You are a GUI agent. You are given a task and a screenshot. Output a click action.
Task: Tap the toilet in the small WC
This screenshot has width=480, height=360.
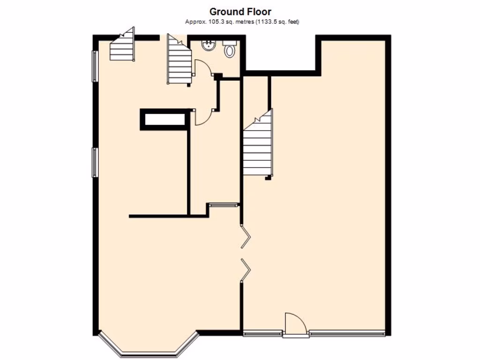230,49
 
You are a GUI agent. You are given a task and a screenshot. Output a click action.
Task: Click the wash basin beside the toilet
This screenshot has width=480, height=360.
208,45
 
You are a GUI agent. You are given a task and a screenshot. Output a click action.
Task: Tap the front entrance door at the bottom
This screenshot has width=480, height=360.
295,324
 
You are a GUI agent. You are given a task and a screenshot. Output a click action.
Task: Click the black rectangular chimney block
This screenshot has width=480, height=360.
165,119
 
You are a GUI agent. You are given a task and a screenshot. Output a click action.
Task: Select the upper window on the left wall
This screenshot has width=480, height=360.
95,66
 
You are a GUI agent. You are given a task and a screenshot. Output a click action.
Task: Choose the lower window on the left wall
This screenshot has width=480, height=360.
95,162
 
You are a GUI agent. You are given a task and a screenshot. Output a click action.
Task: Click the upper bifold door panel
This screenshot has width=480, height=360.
246,237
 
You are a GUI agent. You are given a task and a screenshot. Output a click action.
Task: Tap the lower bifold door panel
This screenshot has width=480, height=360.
246,270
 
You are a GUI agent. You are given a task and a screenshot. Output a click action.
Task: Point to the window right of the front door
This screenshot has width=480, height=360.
347,334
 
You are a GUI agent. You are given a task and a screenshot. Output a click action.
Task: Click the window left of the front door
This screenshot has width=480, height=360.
262,334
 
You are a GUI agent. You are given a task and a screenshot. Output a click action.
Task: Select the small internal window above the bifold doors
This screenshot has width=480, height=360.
223,204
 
